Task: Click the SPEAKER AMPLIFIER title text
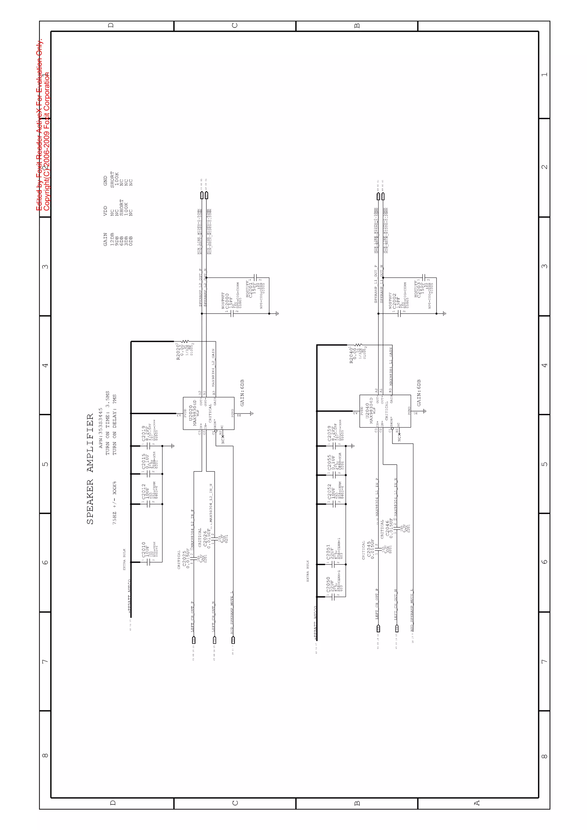click(90, 469)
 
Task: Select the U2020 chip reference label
click(191, 413)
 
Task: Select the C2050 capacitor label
click(328, 586)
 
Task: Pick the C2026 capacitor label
click(205, 538)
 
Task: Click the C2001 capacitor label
click(249, 289)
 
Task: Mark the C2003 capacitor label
click(418, 289)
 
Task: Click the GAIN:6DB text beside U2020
click(242, 393)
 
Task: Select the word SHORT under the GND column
click(112, 179)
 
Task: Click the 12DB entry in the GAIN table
click(112, 239)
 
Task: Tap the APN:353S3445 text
click(101, 428)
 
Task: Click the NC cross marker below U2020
click(223, 437)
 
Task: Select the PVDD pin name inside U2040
click(361, 411)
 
